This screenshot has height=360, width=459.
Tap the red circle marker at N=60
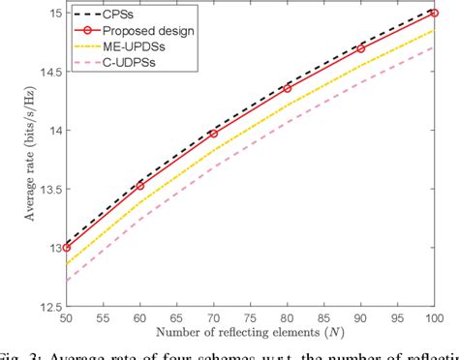point(140,185)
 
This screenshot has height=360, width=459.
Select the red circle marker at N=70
point(214,133)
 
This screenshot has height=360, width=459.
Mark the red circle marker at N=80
point(288,88)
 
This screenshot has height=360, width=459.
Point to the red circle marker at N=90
point(361,48)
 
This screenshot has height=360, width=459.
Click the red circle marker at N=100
point(435,14)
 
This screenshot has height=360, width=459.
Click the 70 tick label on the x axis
point(214,318)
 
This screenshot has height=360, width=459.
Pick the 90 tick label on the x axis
point(361,318)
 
